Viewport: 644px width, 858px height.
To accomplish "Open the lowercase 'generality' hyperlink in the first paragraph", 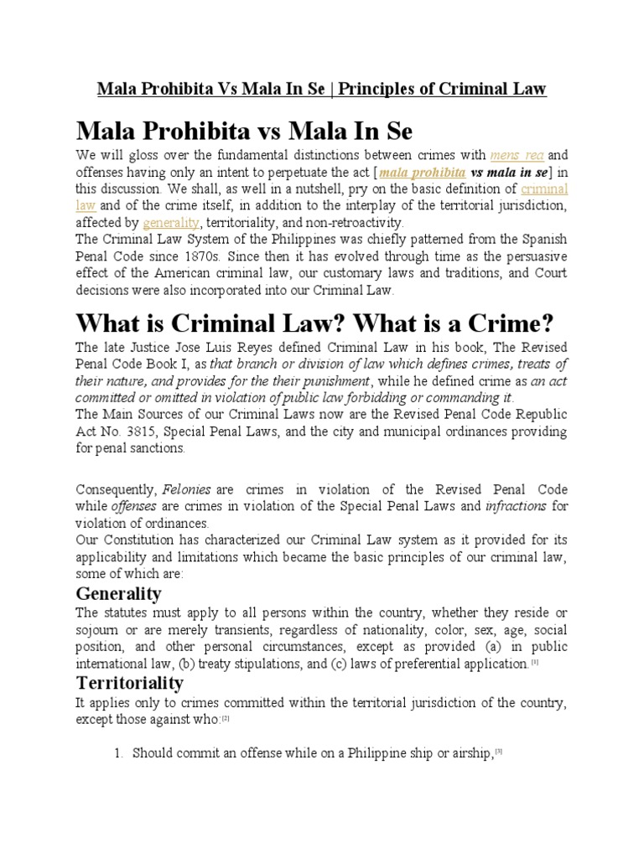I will (171, 223).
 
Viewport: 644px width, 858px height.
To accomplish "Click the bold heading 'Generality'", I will (118, 593).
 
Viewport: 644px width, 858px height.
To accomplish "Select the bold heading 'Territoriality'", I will (129, 683).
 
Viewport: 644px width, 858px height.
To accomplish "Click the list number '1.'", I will (118, 754).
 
